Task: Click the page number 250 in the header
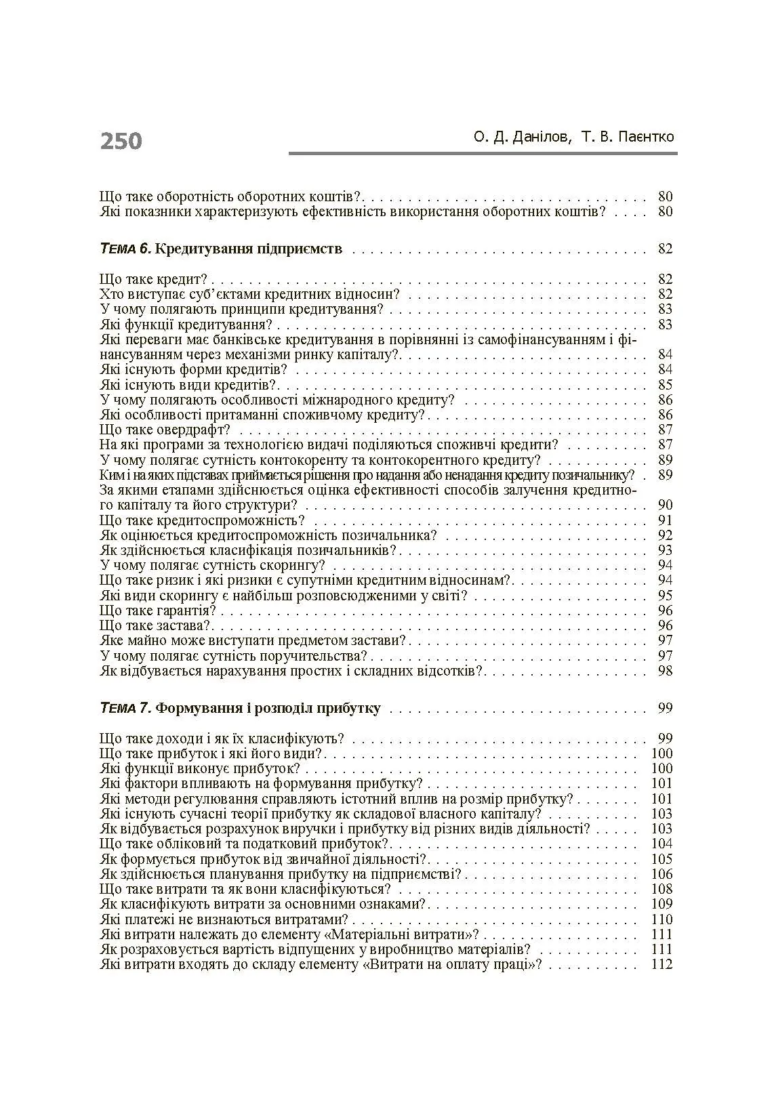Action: [x=121, y=141]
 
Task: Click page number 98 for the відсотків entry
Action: [x=665, y=671]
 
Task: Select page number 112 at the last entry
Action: [x=661, y=964]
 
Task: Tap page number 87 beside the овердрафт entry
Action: [x=665, y=430]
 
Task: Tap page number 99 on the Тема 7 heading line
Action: [x=665, y=708]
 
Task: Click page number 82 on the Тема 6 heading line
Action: [x=665, y=249]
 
